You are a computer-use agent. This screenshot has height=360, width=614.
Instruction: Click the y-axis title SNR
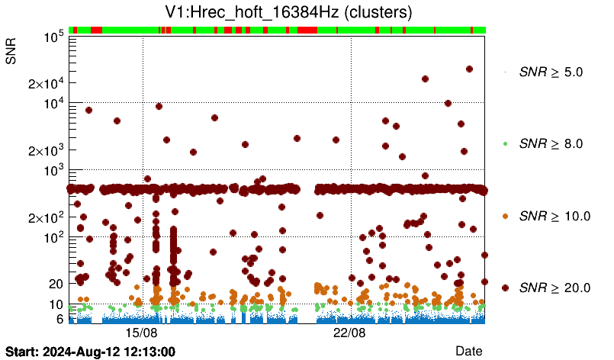pos(11,50)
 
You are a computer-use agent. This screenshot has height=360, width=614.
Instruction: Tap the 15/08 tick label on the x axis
pos(141,333)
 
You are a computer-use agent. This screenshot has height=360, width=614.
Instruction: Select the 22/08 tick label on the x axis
pos(350,333)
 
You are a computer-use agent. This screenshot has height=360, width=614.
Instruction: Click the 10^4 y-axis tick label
pos(53,104)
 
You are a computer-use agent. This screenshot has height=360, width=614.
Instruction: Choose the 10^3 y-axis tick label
pos(53,171)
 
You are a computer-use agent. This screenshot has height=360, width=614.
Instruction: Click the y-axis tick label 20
pos(56,283)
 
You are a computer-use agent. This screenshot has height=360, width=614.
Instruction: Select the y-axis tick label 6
pos(59,319)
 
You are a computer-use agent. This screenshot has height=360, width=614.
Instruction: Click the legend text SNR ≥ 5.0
pos(551,72)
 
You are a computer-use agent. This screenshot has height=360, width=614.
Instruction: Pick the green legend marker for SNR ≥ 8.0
pos(505,143)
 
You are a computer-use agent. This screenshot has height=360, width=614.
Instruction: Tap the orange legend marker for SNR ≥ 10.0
pos(505,216)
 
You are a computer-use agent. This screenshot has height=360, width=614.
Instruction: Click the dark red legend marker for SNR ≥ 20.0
pos(505,288)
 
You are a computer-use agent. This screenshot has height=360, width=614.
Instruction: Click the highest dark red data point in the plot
pos(469,69)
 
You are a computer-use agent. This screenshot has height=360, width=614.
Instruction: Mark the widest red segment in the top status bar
pos(307,30)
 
